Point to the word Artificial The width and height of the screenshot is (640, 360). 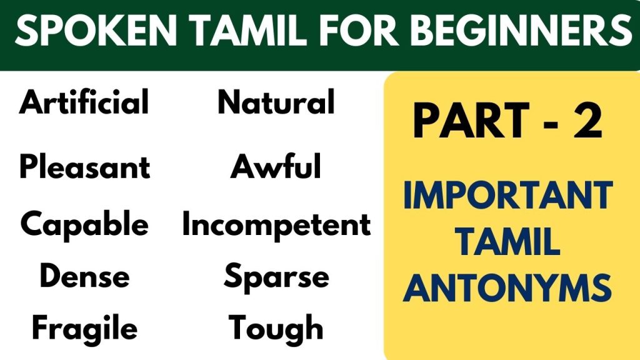point(84,102)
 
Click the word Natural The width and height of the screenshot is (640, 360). point(276,102)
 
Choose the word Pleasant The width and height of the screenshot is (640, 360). point(85,167)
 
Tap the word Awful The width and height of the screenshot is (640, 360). point(276,167)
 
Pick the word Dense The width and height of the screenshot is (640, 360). point(84,276)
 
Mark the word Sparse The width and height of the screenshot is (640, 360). point(276,277)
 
